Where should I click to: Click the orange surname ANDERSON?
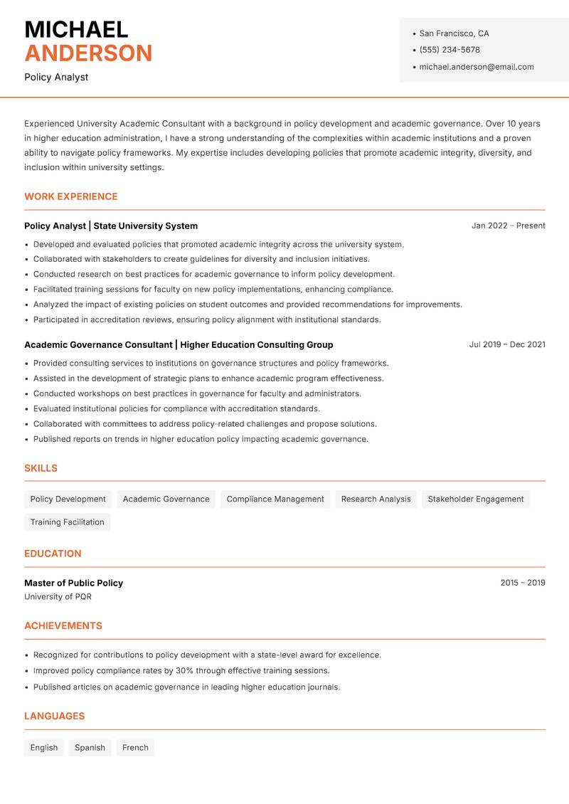tap(88, 53)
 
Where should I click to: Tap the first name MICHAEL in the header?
tap(76, 29)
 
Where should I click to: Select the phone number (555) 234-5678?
tap(450, 50)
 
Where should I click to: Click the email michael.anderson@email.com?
tap(476, 67)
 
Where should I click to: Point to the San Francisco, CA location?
tap(454, 33)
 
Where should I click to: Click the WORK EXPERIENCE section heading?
tap(71, 196)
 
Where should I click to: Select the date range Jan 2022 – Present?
tap(508, 226)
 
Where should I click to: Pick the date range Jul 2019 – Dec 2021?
tap(506, 344)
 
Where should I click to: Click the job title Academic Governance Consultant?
tap(98, 344)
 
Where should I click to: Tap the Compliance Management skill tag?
tap(275, 499)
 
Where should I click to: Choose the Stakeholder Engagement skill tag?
tap(475, 499)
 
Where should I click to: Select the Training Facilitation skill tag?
tap(67, 522)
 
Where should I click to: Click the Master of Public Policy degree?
tap(74, 583)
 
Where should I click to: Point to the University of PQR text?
tap(58, 597)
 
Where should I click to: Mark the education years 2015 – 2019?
tap(522, 583)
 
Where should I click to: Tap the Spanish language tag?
tap(90, 748)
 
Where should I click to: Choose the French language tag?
tap(135, 748)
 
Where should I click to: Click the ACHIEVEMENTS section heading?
tap(63, 626)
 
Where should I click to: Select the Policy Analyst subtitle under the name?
tap(56, 77)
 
